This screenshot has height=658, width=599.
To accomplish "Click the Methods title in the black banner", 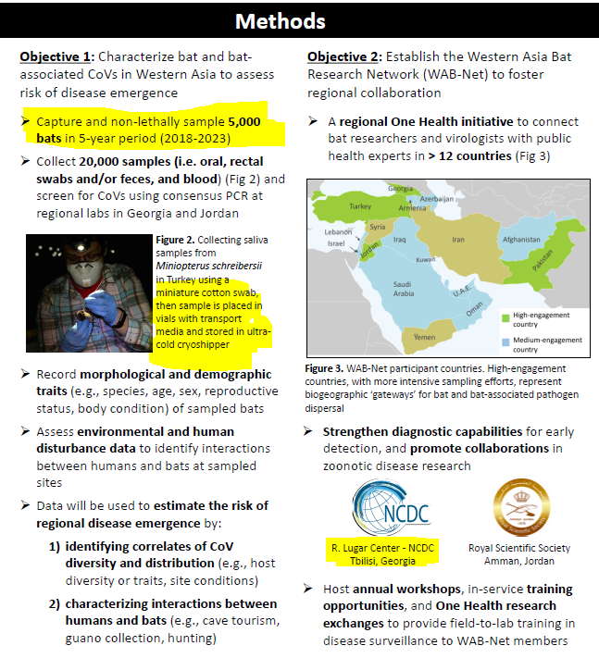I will (299, 20).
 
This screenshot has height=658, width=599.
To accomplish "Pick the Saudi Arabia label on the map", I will (405, 289).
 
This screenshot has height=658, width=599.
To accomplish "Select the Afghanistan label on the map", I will (520, 240).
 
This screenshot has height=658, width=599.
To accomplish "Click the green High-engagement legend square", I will (505, 317).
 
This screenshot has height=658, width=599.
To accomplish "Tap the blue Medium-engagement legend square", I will (505, 340).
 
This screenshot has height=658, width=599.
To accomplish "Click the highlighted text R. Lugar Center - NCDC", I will (384, 548).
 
